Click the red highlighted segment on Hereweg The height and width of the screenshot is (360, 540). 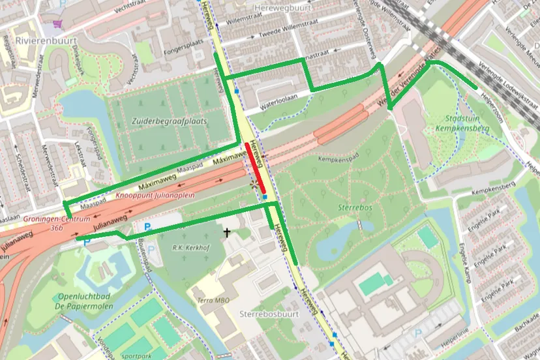click(255, 167)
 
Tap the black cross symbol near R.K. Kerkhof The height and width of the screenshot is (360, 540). click(227, 232)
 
